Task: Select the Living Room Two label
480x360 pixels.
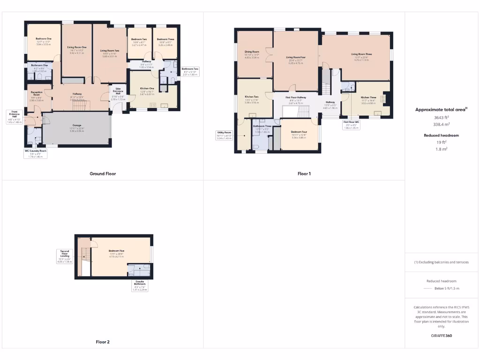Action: (110, 51)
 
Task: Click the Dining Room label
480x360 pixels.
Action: (252, 52)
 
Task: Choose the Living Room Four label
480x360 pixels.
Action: (296, 58)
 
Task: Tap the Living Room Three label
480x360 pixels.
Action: (361, 54)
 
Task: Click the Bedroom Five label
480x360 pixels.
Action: (116, 251)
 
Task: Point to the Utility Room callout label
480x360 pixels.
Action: (224, 133)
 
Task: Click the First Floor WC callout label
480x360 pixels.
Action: (351, 122)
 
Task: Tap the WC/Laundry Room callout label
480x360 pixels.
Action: (36, 151)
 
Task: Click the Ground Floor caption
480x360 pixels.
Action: (103, 174)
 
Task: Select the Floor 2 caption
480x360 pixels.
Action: (102, 342)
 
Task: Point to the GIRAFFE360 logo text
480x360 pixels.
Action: (441, 336)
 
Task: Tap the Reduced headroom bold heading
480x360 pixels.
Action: (441, 135)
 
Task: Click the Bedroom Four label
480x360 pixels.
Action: (299, 132)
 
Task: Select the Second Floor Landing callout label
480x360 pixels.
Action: (65, 251)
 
